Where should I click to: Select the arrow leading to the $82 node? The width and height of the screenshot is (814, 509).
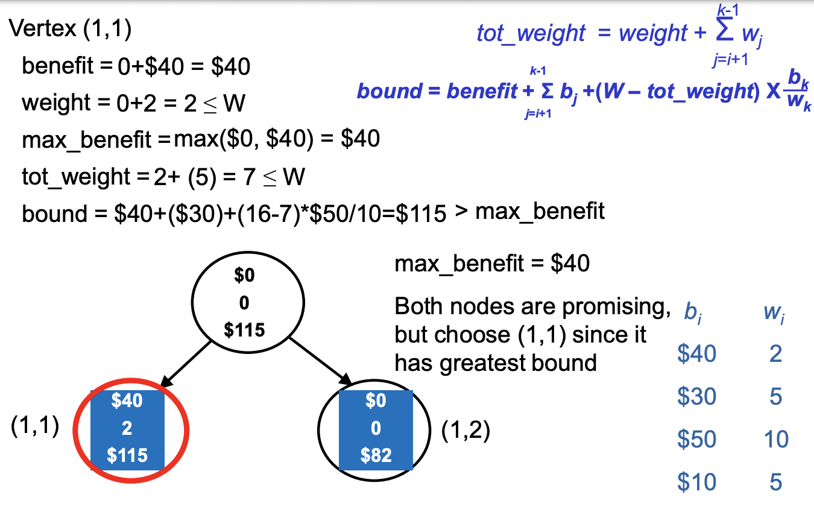pos(323,362)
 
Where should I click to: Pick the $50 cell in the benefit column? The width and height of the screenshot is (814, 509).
pos(696,440)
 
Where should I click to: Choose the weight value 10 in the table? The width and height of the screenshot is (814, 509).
pos(775,440)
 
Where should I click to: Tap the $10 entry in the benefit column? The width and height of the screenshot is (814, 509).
pos(696,482)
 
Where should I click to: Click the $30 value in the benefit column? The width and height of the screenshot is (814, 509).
pos(696,396)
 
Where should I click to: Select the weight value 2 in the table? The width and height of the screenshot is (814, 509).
pos(775,353)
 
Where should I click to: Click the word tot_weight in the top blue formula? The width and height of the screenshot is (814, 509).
pos(531,34)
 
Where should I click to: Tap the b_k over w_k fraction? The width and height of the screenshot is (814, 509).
pos(799,91)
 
